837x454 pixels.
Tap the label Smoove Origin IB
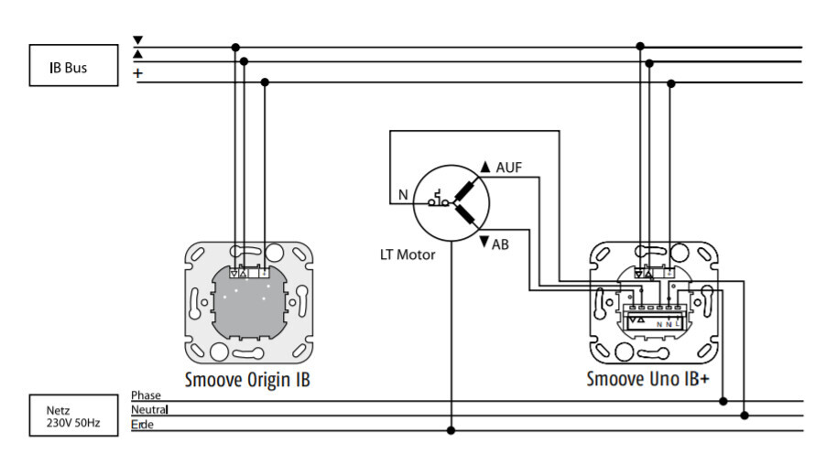[x=247, y=379]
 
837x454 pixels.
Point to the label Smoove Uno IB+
[x=647, y=379]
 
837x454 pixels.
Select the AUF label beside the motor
[x=508, y=168]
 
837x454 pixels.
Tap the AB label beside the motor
[x=500, y=244]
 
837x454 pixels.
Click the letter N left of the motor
[x=402, y=194]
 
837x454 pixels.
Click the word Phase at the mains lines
[x=146, y=395]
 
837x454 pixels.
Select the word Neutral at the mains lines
[x=149, y=409]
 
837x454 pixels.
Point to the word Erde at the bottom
[x=142, y=424]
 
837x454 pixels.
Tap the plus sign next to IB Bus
[x=138, y=72]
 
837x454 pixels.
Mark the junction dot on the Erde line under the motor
[x=451, y=430]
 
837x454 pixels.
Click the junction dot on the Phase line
[x=723, y=401]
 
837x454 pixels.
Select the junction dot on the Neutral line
[x=745, y=416]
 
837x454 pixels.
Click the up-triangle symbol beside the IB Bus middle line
[x=138, y=55]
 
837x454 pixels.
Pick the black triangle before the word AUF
[x=485, y=168]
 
